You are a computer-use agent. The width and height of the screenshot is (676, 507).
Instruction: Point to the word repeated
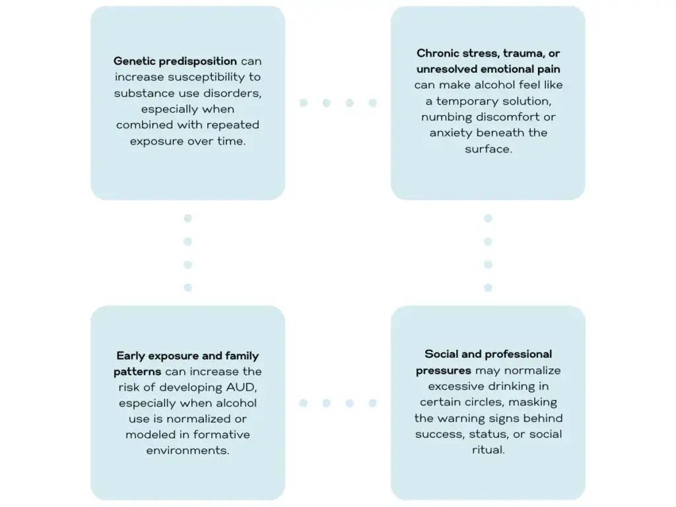232,125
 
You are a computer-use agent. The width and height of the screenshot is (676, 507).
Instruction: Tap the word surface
488,149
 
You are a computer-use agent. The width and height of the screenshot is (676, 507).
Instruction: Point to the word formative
224,434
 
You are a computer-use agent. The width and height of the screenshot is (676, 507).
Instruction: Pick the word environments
187,450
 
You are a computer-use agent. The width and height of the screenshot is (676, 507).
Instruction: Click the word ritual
488,450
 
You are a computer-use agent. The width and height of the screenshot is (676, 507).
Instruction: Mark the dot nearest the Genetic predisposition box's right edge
303,103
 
